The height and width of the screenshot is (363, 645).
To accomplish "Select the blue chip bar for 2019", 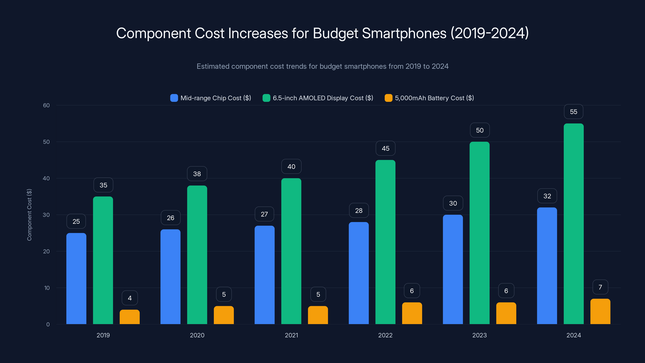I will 76,278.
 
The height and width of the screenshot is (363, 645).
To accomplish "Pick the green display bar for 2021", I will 291,251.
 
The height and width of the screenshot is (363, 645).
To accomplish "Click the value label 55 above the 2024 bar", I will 573,112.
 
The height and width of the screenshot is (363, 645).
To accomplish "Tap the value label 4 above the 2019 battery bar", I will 130,298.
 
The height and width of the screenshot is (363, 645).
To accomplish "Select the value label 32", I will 547,196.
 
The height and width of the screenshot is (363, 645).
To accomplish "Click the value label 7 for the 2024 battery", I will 600,287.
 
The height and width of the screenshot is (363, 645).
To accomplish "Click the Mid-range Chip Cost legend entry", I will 215,98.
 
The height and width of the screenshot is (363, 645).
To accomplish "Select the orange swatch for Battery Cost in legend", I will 388,98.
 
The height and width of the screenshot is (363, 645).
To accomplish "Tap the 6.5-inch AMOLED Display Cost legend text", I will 323,98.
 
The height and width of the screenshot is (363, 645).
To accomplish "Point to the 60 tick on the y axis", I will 46,105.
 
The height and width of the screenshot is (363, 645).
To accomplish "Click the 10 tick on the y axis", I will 47,288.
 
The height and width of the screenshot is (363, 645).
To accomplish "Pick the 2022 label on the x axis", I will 385,335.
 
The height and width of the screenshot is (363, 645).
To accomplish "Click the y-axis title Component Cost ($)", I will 29,215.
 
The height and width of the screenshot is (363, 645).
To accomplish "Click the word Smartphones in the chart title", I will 404,33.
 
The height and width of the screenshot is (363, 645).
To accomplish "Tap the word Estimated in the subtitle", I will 213,66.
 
